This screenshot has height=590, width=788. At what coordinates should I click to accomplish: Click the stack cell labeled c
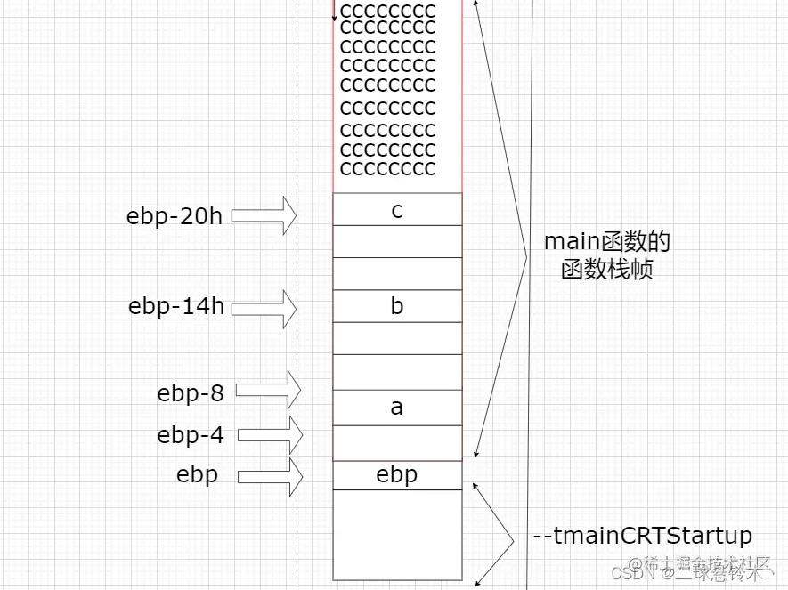397,210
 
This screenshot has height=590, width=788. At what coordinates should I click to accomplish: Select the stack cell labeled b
397,306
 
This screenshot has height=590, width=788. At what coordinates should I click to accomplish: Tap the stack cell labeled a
397,408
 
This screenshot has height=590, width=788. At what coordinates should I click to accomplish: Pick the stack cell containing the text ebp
397,475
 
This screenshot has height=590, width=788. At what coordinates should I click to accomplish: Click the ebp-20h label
175,215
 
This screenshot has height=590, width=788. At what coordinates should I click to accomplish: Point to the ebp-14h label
176,307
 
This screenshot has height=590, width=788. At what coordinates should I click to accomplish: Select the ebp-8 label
191,393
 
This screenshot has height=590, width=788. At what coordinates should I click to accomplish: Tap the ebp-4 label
191,435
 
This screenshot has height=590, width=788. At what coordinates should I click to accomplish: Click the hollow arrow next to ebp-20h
264,215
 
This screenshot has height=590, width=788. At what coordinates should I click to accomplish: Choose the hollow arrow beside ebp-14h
264,308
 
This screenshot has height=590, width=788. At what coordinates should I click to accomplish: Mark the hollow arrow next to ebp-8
268,390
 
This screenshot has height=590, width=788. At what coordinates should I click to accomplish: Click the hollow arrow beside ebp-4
270,434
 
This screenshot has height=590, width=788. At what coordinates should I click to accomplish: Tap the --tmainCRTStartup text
642,536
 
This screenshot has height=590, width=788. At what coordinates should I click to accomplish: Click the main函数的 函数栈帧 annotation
606,255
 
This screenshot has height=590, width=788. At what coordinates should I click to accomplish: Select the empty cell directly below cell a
397,443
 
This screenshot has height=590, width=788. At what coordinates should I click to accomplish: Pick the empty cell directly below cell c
397,242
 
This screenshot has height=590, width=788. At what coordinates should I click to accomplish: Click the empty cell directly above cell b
397,274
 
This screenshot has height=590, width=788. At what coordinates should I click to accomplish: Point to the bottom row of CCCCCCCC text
388,168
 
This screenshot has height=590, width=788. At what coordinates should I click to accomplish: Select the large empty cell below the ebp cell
397,534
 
